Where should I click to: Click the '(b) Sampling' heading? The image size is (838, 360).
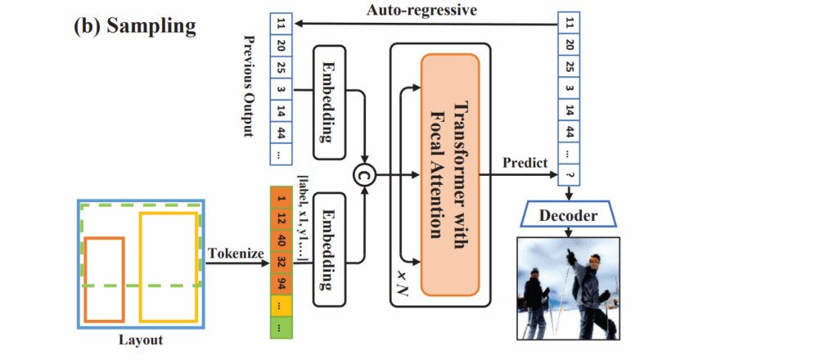pos(135,26)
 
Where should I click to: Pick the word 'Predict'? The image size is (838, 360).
pos(525,164)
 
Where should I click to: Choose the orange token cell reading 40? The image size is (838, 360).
pos(282,241)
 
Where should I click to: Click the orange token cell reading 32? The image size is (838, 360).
pos(282,263)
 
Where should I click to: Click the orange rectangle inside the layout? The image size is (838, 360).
pos(105,278)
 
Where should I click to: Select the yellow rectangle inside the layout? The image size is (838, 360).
pos(168,267)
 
